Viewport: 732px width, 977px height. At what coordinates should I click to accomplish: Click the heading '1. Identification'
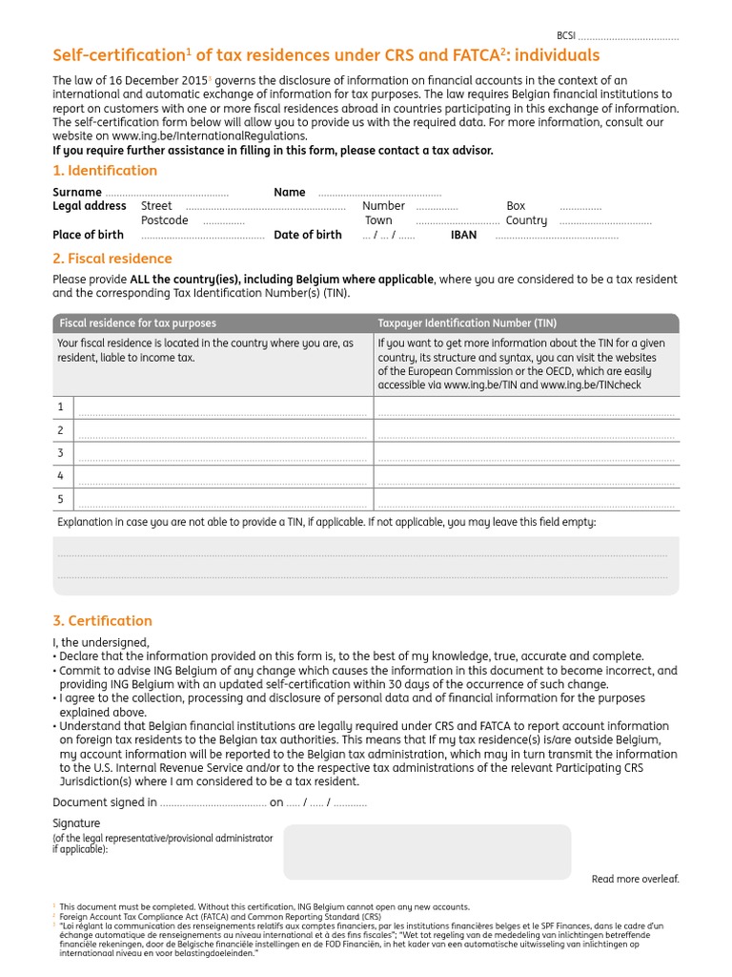coord(105,171)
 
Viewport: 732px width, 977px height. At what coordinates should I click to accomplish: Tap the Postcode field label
coord(165,220)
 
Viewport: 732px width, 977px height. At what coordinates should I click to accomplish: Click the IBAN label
coord(463,235)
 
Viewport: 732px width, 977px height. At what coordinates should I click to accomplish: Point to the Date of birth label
coord(307,235)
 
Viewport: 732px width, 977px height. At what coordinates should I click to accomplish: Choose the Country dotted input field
coord(605,221)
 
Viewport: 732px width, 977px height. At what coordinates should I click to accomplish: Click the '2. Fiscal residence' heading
coord(112,259)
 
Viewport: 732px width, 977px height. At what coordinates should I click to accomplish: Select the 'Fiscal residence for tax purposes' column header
coord(137,323)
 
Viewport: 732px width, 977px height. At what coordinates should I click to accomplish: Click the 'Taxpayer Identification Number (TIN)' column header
coord(467,323)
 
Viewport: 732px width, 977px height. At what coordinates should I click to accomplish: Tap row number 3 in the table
coord(60,453)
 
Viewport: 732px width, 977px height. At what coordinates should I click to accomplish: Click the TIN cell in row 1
coord(524,408)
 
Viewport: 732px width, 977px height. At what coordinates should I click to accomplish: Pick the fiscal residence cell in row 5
coord(222,499)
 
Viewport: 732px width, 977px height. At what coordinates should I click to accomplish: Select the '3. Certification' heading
coord(102,621)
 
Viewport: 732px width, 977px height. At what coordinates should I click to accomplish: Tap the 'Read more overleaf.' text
coord(635,879)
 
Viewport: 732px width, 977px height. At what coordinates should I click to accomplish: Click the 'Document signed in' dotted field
coord(213,803)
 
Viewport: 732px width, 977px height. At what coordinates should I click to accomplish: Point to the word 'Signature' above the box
coord(76,823)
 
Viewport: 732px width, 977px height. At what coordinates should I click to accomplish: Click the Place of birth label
coord(88,235)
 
